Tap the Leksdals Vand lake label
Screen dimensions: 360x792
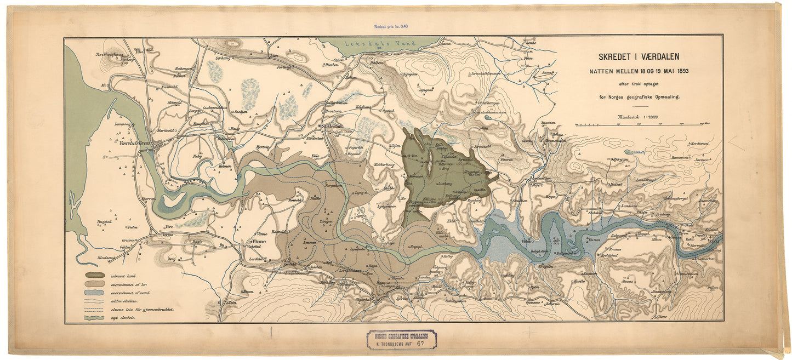click(378, 44)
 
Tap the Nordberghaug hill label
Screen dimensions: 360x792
click(109, 55)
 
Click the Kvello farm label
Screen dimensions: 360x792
click(579, 281)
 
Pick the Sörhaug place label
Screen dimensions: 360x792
click(224, 58)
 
